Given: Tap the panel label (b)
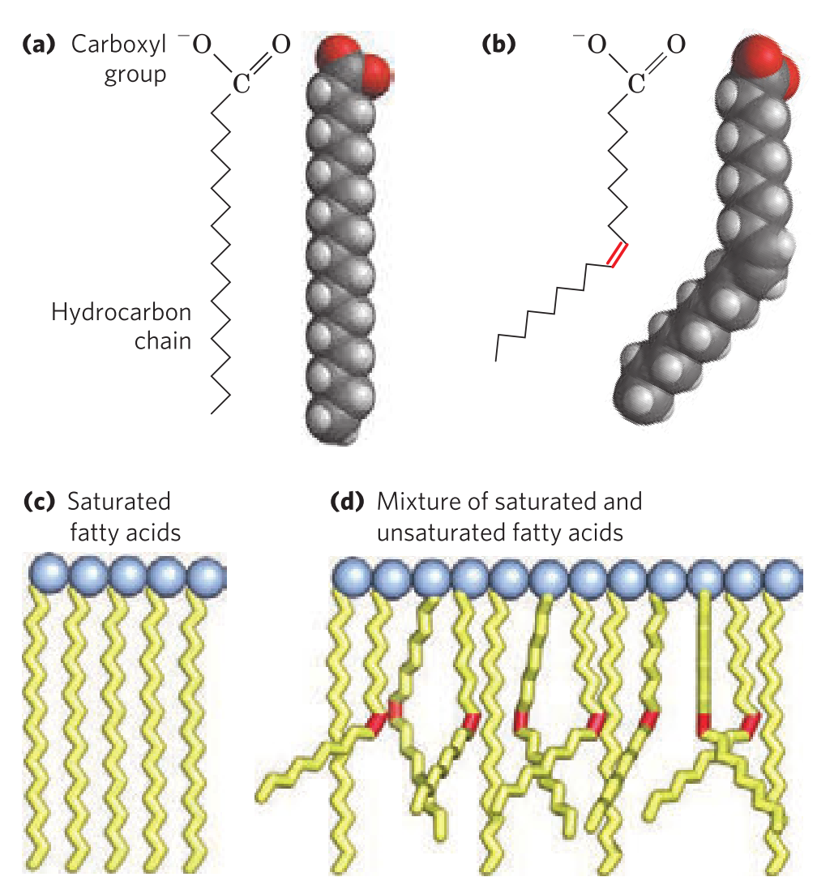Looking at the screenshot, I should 498,45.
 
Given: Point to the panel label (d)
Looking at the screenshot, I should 349,503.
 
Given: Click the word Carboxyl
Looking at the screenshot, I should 118,45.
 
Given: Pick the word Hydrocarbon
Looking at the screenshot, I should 122,312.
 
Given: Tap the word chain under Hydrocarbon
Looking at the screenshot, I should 163,340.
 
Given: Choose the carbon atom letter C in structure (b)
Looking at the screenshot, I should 635,83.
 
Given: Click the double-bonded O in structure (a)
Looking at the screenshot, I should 280,45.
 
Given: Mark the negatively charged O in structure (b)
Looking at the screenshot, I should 596,45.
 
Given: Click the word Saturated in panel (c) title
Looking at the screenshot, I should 119,503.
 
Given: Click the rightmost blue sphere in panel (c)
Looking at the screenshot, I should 207,576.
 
